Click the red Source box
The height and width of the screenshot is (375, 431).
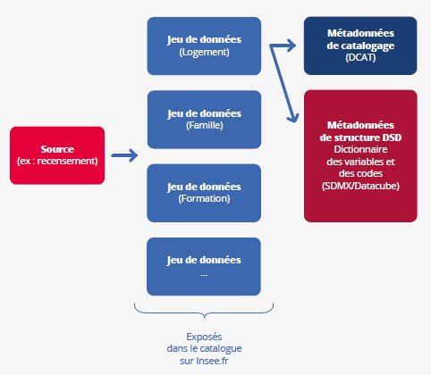pyautogui.click(x=56, y=154)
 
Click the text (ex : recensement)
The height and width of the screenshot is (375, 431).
pyautogui.click(x=56, y=161)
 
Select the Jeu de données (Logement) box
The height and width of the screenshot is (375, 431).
pyautogui.click(x=204, y=46)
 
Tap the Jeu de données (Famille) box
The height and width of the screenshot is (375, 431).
pyautogui.click(x=204, y=120)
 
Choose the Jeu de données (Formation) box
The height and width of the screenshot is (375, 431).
pyautogui.click(x=204, y=193)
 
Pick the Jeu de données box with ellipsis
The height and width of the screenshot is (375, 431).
pyautogui.click(x=204, y=266)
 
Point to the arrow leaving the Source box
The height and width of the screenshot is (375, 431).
pyautogui.click(x=124, y=156)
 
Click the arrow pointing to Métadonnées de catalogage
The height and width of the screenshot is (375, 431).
pyautogui.click(x=284, y=43)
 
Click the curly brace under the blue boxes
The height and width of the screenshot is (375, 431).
pyautogui.click(x=204, y=311)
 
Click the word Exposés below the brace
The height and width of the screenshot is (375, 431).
pyautogui.click(x=204, y=336)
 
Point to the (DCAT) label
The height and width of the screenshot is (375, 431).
pyautogui.click(x=360, y=57)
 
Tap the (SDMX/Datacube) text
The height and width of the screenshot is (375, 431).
pyautogui.click(x=360, y=186)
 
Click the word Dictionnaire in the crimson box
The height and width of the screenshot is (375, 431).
pyautogui.click(x=360, y=149)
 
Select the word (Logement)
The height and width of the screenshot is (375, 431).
pyautogui.click(x=204, y=52)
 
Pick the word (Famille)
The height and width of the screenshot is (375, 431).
pyautogui.click(x=204, y=126)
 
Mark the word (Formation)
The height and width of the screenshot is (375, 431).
pyautogui.click(x=204, y=199)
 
